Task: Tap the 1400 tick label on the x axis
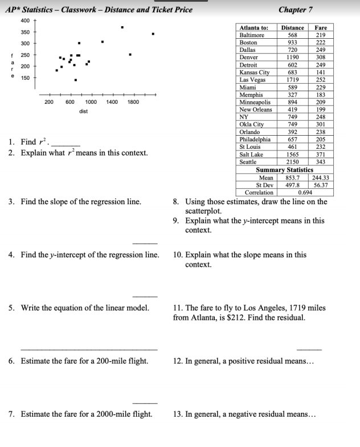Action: click(x=112, y=101)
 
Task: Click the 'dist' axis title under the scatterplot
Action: click(x=83, y=111)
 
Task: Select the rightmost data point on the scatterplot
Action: click(x=153, y=34)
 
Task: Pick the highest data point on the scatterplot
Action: click(x=122, y=27)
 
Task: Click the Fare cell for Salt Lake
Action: click(x=321, y=155)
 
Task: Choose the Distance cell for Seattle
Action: click(x=292, y=162)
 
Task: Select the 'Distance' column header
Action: click(x=292, y=27)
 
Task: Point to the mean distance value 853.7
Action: click(x=292, y=178)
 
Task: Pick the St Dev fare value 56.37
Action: click(x=321, y=185)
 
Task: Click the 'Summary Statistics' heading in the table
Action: click(x=284, y=170)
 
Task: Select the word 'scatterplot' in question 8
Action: click(x=204, y=210)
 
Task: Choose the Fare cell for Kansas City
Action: click(x=321, y=72)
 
